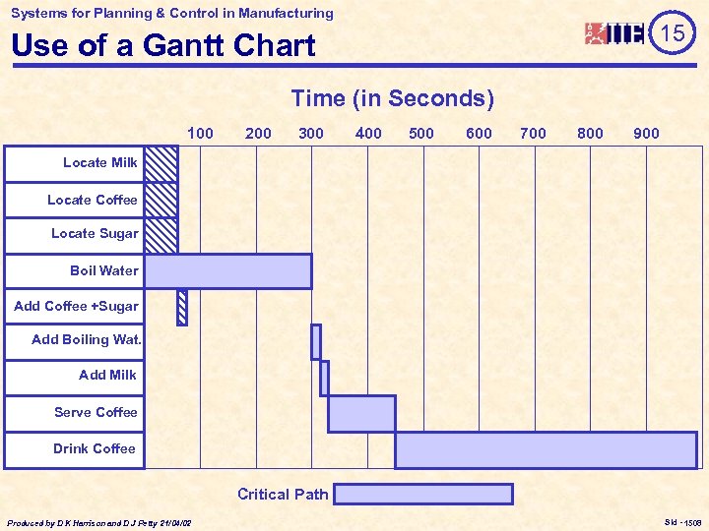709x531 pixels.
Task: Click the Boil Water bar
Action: pyautogui.click(x=227, y=271)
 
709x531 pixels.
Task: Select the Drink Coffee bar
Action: pyautogui.click(x=546, y=449)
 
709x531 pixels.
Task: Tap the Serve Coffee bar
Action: pyautogui.click(x=361, y=413)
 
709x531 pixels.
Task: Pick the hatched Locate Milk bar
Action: pyautogui.click(x=161, y=163)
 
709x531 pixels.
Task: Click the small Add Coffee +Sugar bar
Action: pyautogui.click(x=181, y=308)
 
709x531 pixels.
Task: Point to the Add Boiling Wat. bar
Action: pyautogui.click(x=316, y=341)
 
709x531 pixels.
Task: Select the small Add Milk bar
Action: pyautogui.click(x=324, y=378)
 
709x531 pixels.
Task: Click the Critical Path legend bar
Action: pyautogui.click(x=423, y=494)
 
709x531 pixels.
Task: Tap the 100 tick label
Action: pyautogui.click(x=200, y=133)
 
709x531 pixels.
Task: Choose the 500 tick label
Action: pyautogui.click(x=421, y=133)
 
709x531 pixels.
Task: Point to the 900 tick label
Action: pyautogui.click(x=647, y=133)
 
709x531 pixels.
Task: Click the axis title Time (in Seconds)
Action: pyautogui.click(x=392, y=98)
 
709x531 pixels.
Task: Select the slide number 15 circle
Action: pyautogui.click(x=673, y=33)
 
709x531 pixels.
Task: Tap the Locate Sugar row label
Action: pyautogui.click(x=95, y=234)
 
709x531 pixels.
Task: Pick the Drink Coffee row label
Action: pyautogui.click(x=95, y=448)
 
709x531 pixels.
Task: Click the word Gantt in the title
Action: pyautogui.click(x=186, y=45)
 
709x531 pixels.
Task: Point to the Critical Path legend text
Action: pyautogui.click(x=283, y=495)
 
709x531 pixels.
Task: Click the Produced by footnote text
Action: pyautogui.click(x=98, y=522)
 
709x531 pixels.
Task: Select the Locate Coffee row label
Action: pyautogui.click(x=93, y=200)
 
